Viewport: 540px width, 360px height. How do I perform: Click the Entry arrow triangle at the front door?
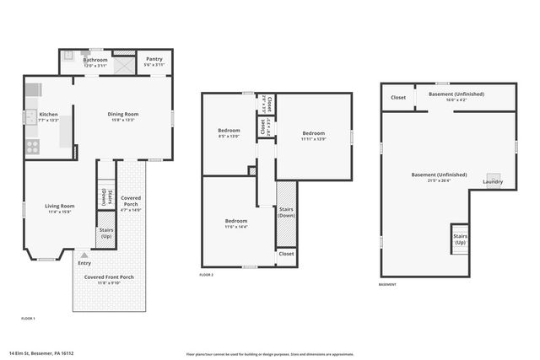pyautogui.click(x=84, y=255)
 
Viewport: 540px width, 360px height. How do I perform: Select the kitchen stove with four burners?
pyautogui.click(x=32, y=146)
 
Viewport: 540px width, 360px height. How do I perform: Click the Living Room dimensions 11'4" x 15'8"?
pyautogui.click(x=60, y=212)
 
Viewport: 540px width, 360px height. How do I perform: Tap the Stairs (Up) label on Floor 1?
pyautogui.click(x=106, y=232)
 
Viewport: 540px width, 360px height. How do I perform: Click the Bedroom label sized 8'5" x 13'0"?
pyautogui.click(x=229, y=131)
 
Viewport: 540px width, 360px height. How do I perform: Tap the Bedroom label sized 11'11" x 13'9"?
pyautogui.click(x=313, y=134)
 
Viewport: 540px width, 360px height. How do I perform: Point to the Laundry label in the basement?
pyautogui.click(x=493, y=182)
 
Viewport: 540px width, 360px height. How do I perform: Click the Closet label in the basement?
pyautogui.click(x=397, y=97)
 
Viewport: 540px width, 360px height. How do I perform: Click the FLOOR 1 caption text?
pyautogui.click(x=28, y=318)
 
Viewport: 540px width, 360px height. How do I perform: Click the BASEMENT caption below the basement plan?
pyautogui.click(x=386, y=284)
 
